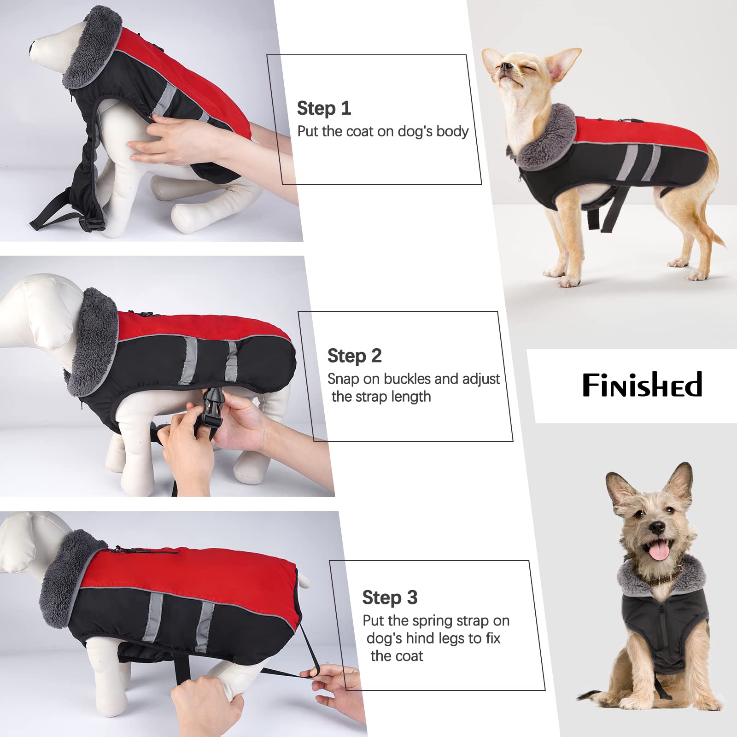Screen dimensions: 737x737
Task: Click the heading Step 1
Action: pyautogui.click(x=324, y=109)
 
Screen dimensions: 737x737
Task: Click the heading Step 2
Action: pyautogui.click(x=354, y=356)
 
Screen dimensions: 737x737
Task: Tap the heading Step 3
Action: pyautogui.click(x=390, y=597)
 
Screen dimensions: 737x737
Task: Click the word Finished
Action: pyautogui.click(x=642, y=385)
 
